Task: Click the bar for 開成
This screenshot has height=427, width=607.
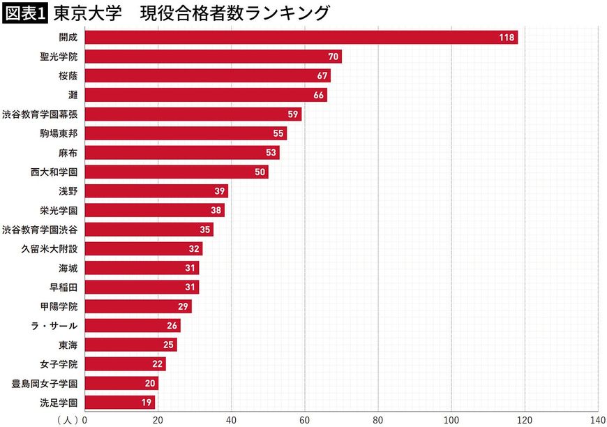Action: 300,38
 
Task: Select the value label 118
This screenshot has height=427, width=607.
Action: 507,38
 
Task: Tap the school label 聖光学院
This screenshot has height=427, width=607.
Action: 59,57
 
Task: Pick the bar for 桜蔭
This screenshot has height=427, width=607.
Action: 207,76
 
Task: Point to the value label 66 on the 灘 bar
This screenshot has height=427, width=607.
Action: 319,96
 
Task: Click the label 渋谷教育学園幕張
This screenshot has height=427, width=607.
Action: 40,114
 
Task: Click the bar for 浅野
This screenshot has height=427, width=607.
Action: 156,191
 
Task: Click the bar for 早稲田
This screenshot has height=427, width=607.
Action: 142,287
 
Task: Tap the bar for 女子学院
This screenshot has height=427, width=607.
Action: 125,364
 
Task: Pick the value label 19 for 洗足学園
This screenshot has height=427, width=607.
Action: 147,403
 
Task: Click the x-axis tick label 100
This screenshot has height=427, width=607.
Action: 451,420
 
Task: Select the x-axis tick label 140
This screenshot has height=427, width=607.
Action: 597,420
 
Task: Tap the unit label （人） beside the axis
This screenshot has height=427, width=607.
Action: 68,420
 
